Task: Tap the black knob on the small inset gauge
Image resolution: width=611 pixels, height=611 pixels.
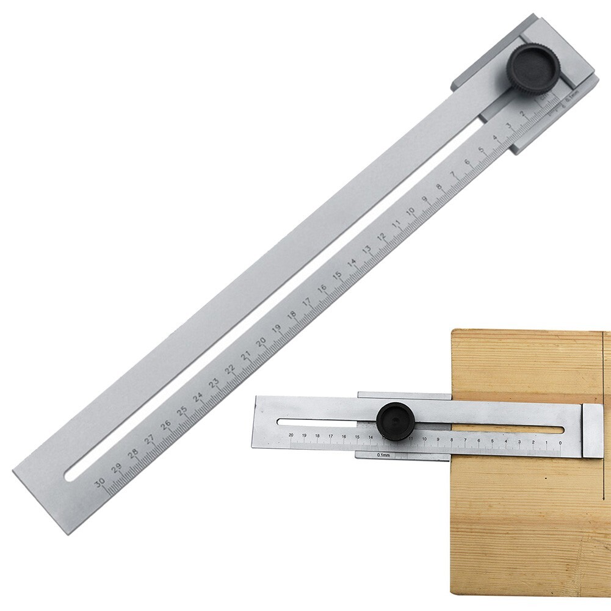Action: pyautogui.click(x=396, y=422)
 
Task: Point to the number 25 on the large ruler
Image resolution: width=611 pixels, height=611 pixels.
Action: pyautogui.click(x=182, y=412)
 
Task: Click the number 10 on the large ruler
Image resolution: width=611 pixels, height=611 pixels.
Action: pyautogui.click(x=411, y=211)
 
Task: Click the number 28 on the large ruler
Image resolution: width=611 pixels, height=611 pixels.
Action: pyautogui.click(x=133, y=455)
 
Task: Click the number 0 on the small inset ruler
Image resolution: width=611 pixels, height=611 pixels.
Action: pyautogui.click(x=560, y=443)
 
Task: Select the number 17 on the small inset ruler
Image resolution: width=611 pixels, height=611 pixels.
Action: pyautogui.click(x=330, y=436)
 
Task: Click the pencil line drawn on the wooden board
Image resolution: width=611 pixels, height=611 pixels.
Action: pyautogui.click(x=602, y=366)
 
